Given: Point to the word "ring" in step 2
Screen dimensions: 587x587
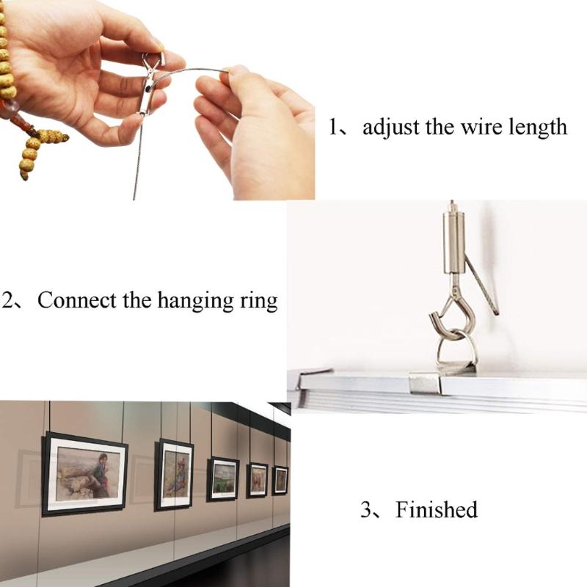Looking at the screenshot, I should (x=260, y=300).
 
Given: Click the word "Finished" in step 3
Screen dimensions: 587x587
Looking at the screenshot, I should (x=437, y=509).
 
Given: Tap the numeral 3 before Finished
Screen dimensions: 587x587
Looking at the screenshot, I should (x=368, y=510).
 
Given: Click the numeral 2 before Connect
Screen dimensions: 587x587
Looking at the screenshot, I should (x=8, y=301).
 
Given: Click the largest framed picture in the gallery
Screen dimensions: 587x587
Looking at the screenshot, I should (x=85, y=473).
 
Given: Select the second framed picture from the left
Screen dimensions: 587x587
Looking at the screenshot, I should (x=175, y=473).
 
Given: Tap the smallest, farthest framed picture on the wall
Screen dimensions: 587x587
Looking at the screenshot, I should (x=280, y=479).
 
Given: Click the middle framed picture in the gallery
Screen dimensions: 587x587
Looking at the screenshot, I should (x=222, y=478).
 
